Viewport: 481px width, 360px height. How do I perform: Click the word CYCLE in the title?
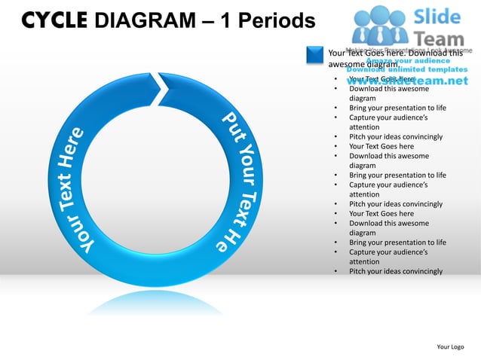(52, 20)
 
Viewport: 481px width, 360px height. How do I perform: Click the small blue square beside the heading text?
(314, 54)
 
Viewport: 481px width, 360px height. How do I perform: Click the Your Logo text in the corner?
(450, 346)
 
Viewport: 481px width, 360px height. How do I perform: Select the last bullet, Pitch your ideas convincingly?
(396, 271)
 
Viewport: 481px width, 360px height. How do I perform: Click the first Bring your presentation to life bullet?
(397, 108)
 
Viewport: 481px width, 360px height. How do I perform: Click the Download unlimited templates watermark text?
(407, 69)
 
